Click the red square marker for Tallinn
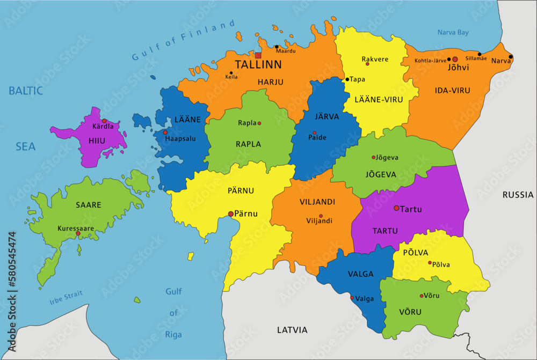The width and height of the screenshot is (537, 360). click(258, 55)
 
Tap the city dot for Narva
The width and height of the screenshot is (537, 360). click(511, 57)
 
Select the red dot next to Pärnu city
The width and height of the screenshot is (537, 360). click(231, 214)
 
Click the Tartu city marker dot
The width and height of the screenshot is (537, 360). click(396, 208)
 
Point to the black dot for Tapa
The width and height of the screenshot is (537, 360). click(347, 79)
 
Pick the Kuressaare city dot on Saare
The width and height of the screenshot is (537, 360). click(78, 233)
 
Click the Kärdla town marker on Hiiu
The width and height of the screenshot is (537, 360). click(105, 121)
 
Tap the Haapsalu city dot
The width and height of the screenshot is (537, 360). click(165, 133)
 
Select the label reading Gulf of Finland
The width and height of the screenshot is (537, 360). click(184, 41)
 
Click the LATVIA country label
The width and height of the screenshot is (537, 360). click(292, 329)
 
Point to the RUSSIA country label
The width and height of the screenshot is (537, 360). click(518, 195)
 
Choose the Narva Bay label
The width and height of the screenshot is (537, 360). click(453, 32)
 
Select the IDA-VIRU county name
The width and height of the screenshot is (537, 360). click(452, 91)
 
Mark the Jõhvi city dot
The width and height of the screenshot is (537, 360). click(455, 59)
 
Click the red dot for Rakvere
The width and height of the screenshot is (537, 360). click(367, 64)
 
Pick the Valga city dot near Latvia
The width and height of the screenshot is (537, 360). click(352, 298)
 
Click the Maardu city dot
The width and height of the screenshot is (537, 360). click(277, 47)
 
